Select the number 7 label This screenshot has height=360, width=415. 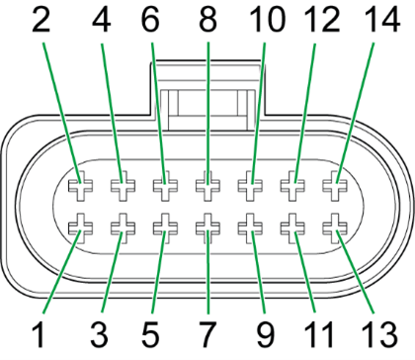(x=207, y=326)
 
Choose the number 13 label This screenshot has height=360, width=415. (x=376, y=326)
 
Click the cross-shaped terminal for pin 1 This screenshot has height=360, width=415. (x=78, y=230)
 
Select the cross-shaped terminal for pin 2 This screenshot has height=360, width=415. (x=78, y=184)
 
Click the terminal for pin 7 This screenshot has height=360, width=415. (x=207, y=230)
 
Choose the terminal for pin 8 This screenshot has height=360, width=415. (x=207, y=184)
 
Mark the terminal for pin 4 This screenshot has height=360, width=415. (x=121, y=184)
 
